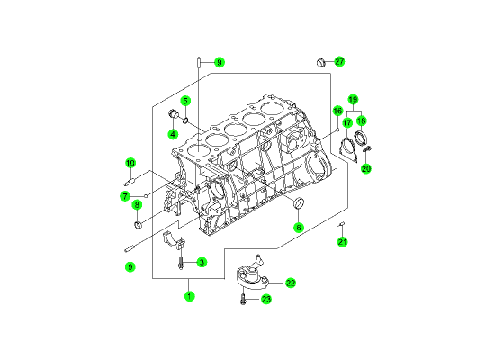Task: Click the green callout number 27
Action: coord(339,61)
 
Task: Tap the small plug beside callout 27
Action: coord(321,62)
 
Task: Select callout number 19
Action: coord(354,100)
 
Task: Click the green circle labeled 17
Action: coord(347,122)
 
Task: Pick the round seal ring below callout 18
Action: coord(360,138)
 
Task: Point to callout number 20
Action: coord(366,169)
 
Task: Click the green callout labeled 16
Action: coord(337,111)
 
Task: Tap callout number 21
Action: coord(342,242)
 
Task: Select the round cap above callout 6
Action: coord(299,202)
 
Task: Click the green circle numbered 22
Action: coord(291,283)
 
